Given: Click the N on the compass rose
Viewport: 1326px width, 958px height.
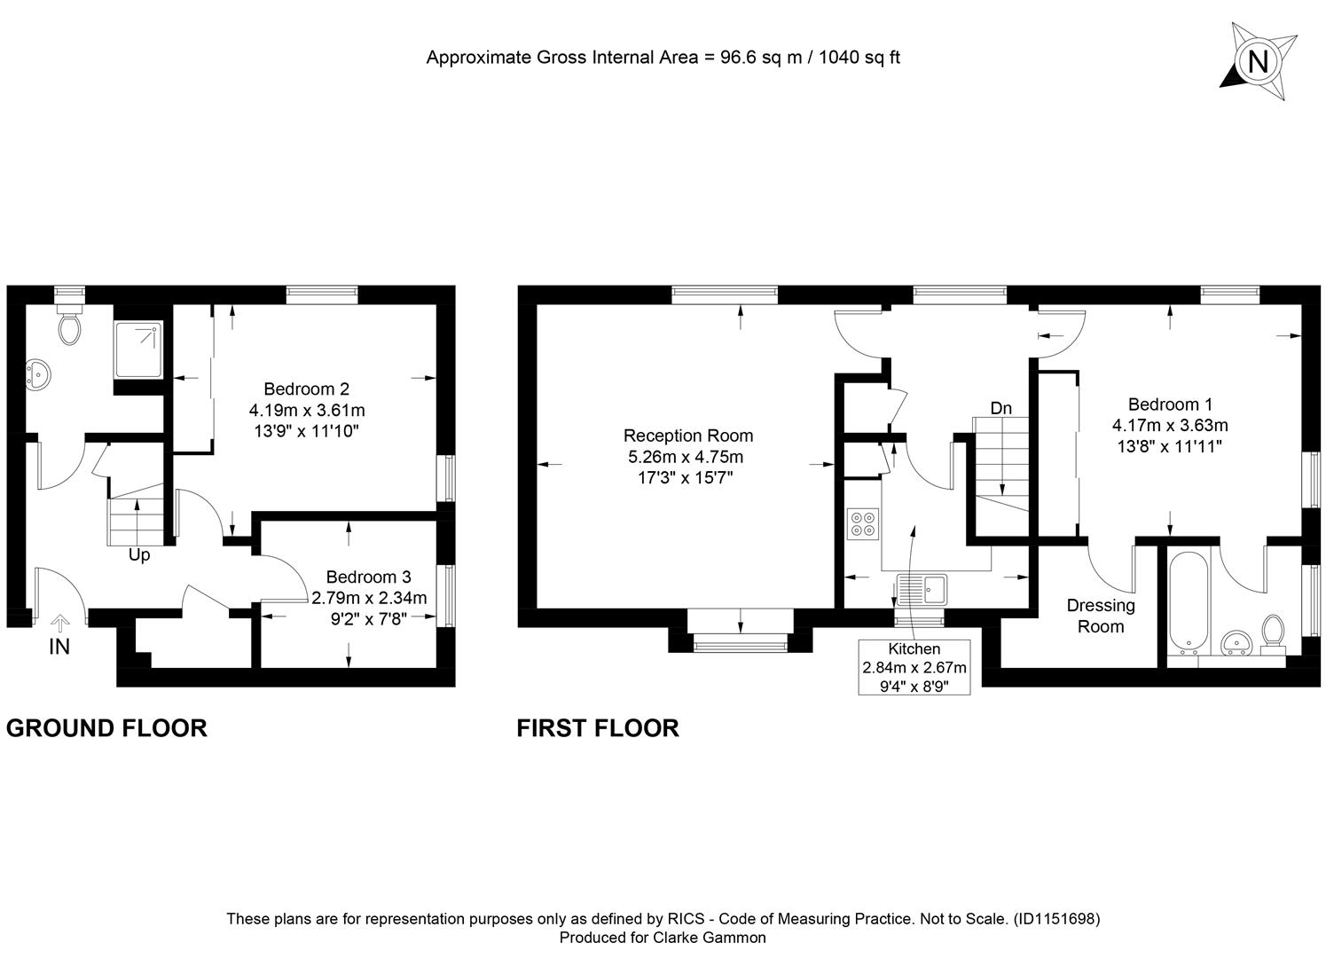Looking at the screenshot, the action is [x=1258, y=61].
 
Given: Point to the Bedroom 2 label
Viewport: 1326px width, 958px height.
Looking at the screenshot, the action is [x=307, y=389].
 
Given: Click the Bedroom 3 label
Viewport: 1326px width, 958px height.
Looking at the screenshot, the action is [x=368, y=577].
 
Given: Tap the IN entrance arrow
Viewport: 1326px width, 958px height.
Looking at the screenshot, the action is [x=59, y=623].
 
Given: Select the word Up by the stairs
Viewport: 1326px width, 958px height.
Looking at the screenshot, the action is [x=139, y=555].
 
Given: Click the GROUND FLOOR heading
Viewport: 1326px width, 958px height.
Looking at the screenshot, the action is [x=106, y=728].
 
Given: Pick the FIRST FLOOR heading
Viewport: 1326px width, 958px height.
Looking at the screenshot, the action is [x=598, y=728].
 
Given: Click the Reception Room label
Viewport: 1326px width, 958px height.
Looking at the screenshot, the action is [x=688, y=436].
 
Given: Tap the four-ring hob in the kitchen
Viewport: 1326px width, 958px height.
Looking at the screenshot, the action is [x=862, y=524].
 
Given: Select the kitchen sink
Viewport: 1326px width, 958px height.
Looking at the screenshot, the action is [x=922, y=589].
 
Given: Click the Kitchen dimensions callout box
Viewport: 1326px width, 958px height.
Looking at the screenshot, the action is [x=914, y=667].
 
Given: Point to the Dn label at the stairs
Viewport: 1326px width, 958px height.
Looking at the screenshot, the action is [x=1001, y=409].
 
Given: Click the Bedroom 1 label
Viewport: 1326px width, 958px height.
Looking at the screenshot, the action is [x=1170, y=404].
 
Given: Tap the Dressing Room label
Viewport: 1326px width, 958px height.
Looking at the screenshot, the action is [x=1101, y=616].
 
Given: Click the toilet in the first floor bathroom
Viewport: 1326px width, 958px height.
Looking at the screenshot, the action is [x=1273, y=633].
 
